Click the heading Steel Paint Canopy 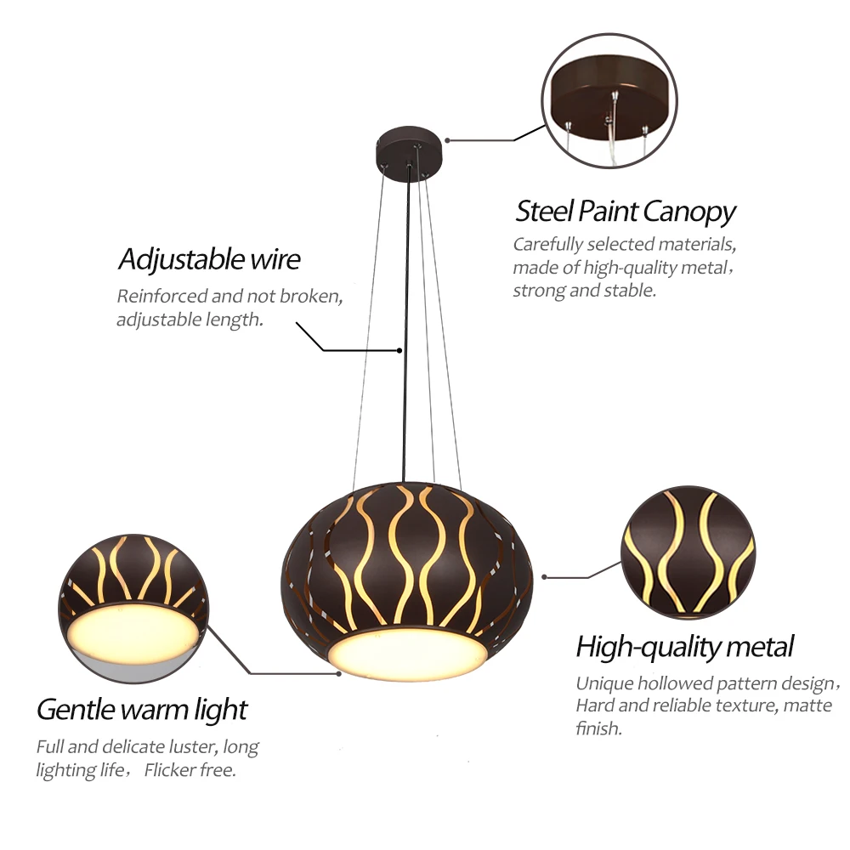pos(626,211)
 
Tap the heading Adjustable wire pos(209,258)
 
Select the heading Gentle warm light pos(142,709)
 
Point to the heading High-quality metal pos(684,647)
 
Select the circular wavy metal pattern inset pos(687,552)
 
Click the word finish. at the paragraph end pos(599,728)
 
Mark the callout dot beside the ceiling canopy pos(448,140)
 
